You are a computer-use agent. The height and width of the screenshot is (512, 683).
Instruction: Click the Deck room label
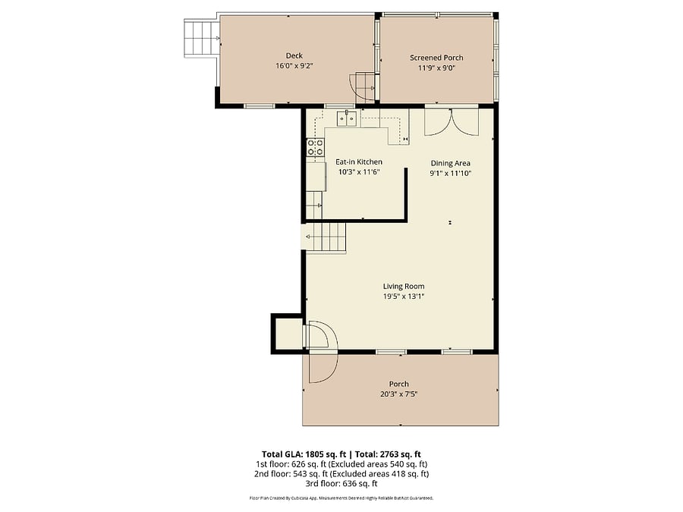click(294, 55)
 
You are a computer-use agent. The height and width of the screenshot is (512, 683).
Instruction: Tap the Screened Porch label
click(436, 58)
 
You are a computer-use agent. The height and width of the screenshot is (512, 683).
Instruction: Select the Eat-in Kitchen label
click(359, 162)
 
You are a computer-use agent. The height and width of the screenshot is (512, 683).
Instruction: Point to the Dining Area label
click(450, 163)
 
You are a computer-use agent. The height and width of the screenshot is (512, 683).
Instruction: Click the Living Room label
click(404, 287)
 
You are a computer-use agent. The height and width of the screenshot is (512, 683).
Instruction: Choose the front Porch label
click(399, 384)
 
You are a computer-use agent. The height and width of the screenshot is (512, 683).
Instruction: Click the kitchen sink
click(347, 118)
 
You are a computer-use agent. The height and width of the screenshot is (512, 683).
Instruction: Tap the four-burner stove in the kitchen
click(316, 146)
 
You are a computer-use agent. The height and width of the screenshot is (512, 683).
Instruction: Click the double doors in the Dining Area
click(452, 122)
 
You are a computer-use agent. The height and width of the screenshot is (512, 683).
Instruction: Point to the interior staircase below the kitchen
click(324, 237)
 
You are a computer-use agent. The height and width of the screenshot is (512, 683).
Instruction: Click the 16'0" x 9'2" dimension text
click(294, 66)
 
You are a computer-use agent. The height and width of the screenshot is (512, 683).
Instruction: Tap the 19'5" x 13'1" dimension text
click(404, 297)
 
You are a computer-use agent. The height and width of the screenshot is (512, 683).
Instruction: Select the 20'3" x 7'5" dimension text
click(399, 394)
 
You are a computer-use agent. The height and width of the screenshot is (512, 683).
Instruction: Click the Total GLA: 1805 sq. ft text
click(304, 455)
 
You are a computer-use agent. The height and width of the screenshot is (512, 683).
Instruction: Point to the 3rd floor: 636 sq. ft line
click(341, 483)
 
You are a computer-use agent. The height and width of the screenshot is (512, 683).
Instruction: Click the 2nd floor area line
click(341, 473)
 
